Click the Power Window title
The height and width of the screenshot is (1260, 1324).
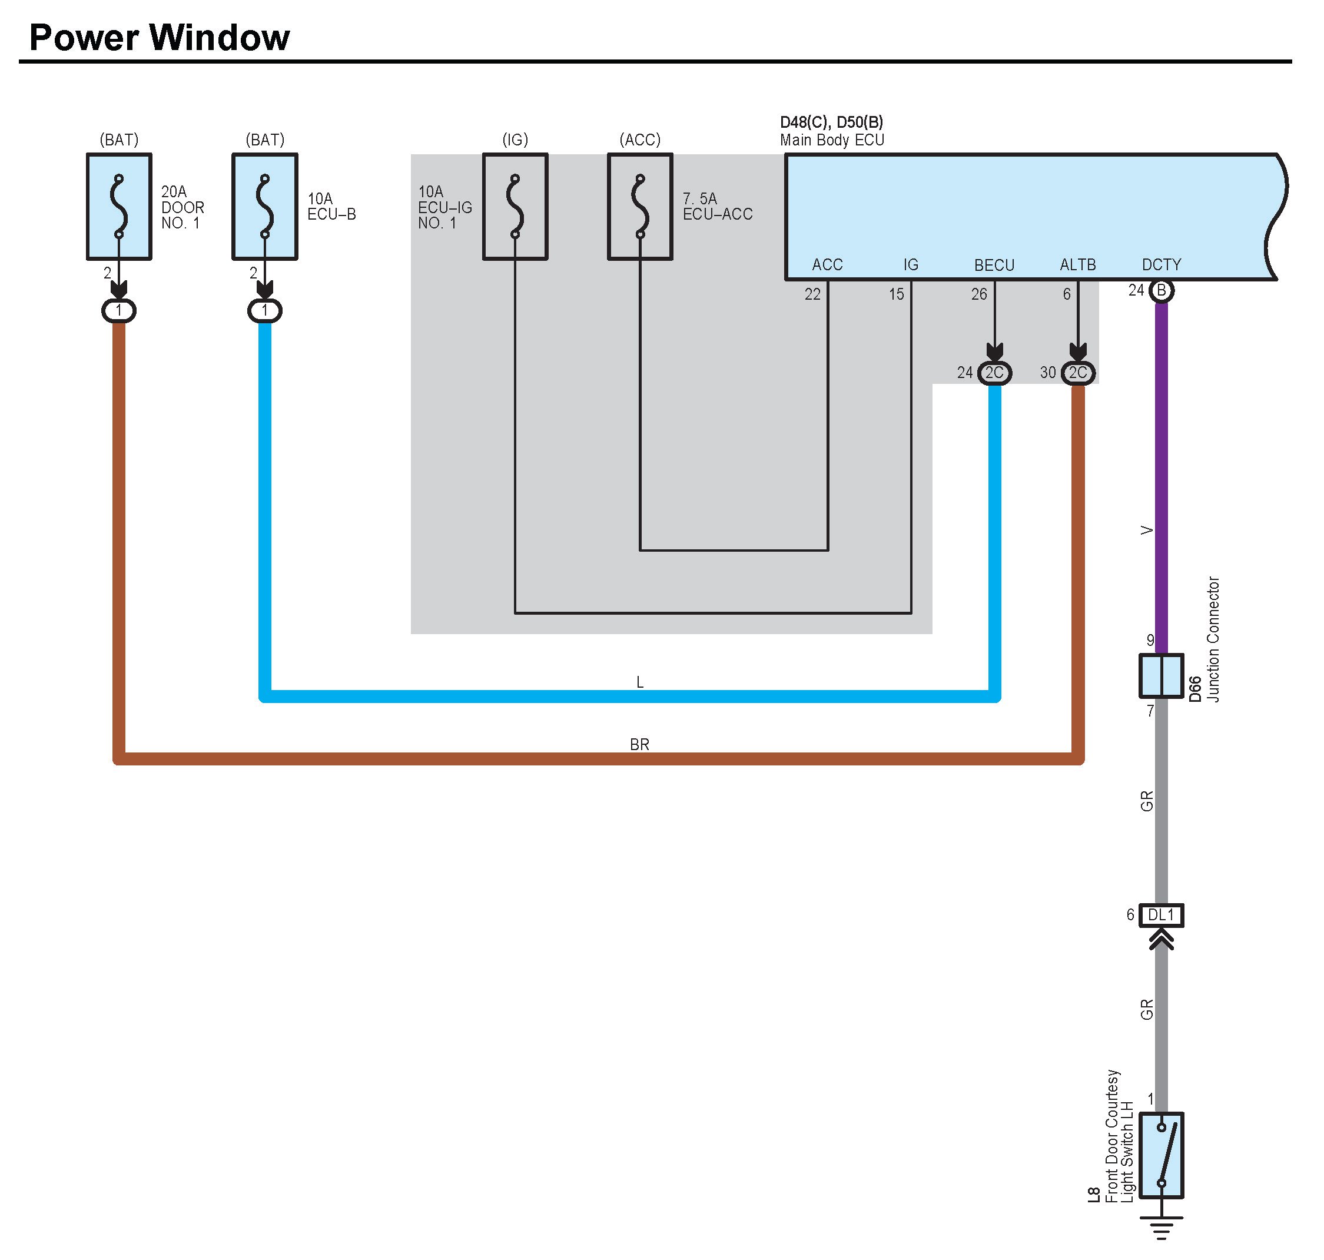[x=159, y=38]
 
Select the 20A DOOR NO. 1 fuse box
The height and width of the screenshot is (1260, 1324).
[x=119, y=206]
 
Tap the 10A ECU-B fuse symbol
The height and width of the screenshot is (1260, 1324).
[x=264, y=206]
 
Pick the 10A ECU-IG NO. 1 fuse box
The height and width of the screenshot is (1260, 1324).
[x=515, y=206]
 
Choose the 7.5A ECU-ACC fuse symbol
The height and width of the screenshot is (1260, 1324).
[x=640, y=206]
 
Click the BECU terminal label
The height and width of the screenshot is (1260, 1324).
[x=994, y=266]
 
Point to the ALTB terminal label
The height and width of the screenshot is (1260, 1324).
[x=1077, y=266]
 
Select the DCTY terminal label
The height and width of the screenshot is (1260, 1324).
[x=1162, y=266]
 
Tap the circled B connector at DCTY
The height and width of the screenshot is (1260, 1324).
[x=1162, y=291]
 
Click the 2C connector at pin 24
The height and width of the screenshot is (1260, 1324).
[x=994, y=373]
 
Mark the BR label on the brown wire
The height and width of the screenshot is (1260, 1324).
[x=639, y=745]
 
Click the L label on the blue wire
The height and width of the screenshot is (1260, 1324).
[x=640, y=682]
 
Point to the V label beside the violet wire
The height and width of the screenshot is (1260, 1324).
[x=1147, y=530]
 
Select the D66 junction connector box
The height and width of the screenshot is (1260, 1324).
[x=1161, y=676]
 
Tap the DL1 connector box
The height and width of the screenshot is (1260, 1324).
[x=1161, y=915]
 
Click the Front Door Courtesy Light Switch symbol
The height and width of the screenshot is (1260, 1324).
[x=1162, y=1155]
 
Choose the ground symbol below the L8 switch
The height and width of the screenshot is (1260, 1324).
[x=1162, y=1227]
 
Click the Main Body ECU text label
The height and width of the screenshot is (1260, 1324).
[x=832, y=140]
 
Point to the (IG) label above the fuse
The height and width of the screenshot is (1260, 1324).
[x=515, y=140]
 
